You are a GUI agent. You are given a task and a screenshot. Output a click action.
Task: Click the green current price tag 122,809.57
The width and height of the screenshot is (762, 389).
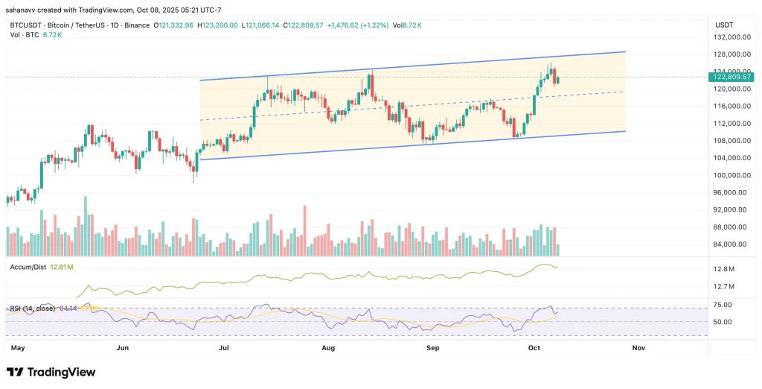pyautogui.click(x=732, y=77)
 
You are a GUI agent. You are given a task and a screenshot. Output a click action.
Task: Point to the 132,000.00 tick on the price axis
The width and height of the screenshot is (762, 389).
pyautogui.click(x=731, y=37)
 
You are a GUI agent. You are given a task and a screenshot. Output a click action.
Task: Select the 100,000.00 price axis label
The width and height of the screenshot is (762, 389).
pyautogui.click(x=731, y=176)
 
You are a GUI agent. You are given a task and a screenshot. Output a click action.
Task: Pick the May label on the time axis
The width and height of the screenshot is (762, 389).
pyautogui.click(x=19, y=347)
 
